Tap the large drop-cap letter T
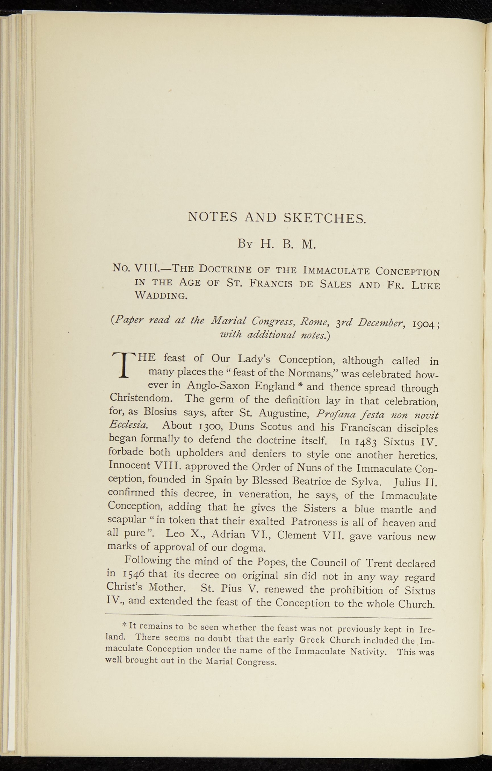122,364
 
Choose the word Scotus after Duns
280,427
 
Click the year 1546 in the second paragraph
134,575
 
